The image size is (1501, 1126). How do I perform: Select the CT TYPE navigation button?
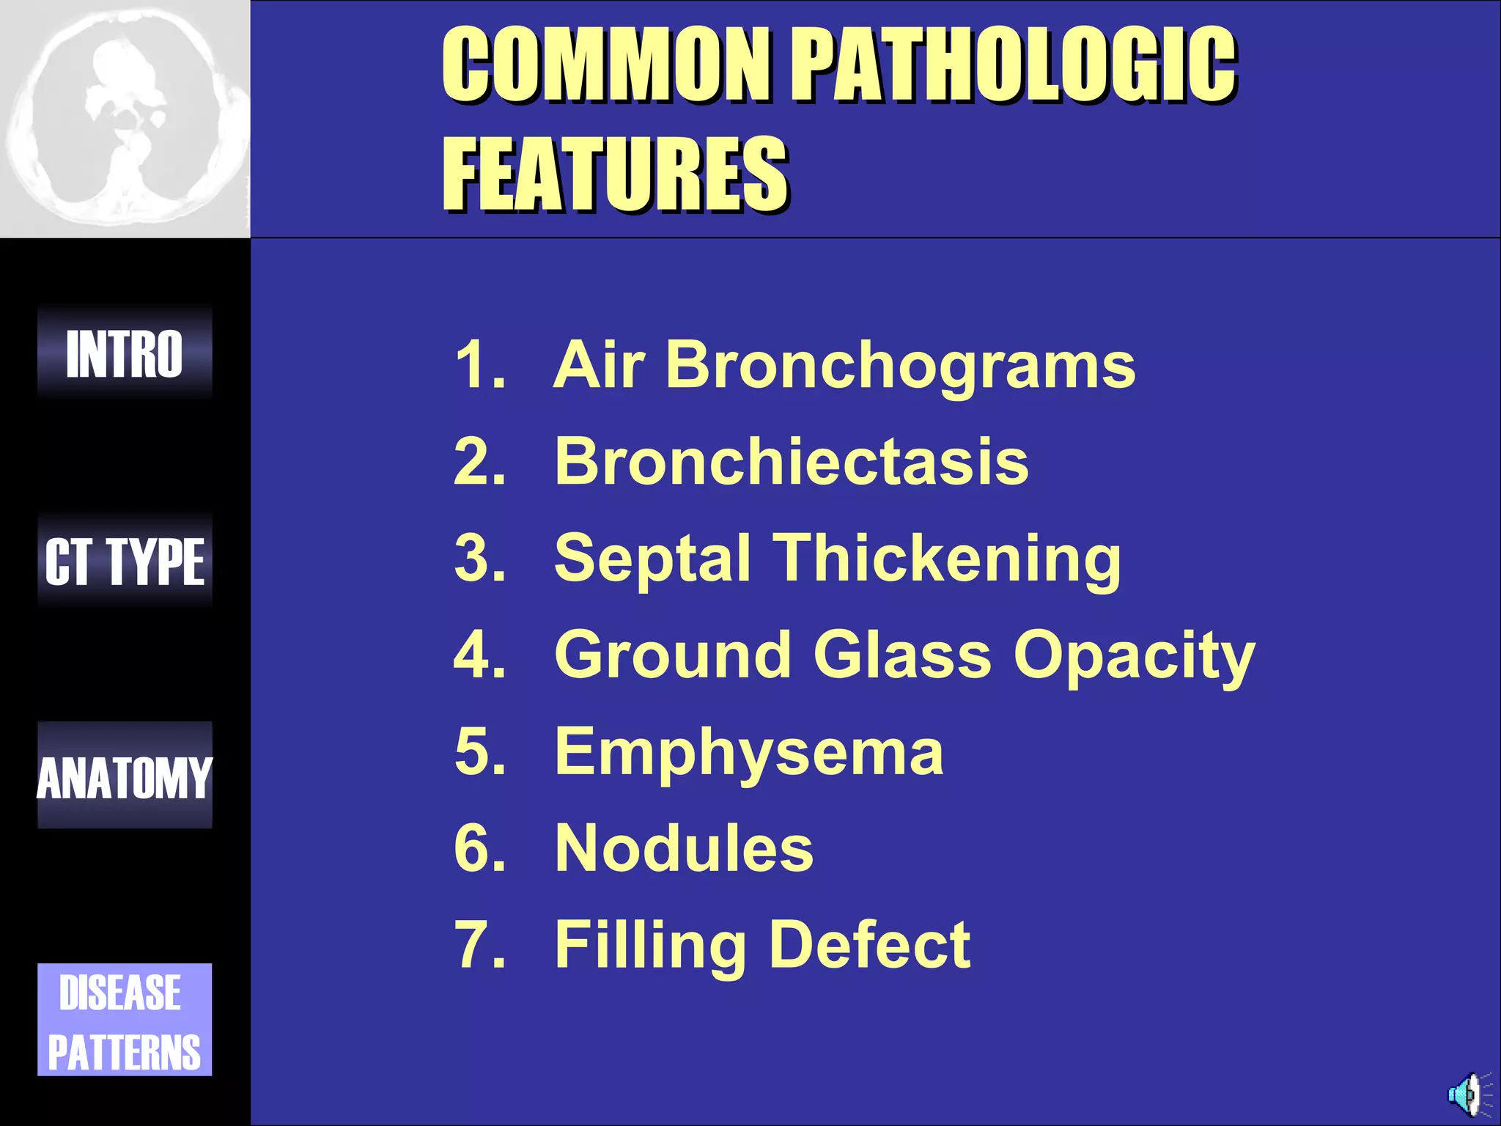click(125, 562)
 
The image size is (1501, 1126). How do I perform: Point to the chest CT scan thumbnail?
click(125, 119)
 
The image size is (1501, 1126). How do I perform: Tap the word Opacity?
click(1135, 655)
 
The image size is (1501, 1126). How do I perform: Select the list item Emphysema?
click(749, 752)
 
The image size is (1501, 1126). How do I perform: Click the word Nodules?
click(684, 848)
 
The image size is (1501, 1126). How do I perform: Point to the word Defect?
click(870, 945)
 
